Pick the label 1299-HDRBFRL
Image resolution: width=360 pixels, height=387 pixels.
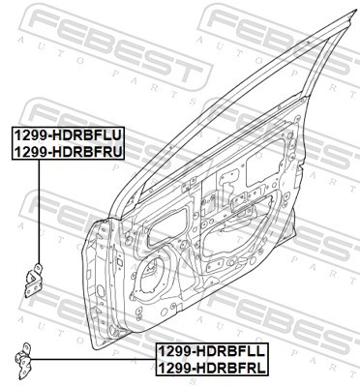click(212, 368)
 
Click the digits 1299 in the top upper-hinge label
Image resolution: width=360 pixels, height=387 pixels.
click(29, 134)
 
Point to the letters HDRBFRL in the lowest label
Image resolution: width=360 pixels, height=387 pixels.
click(230, 368)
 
